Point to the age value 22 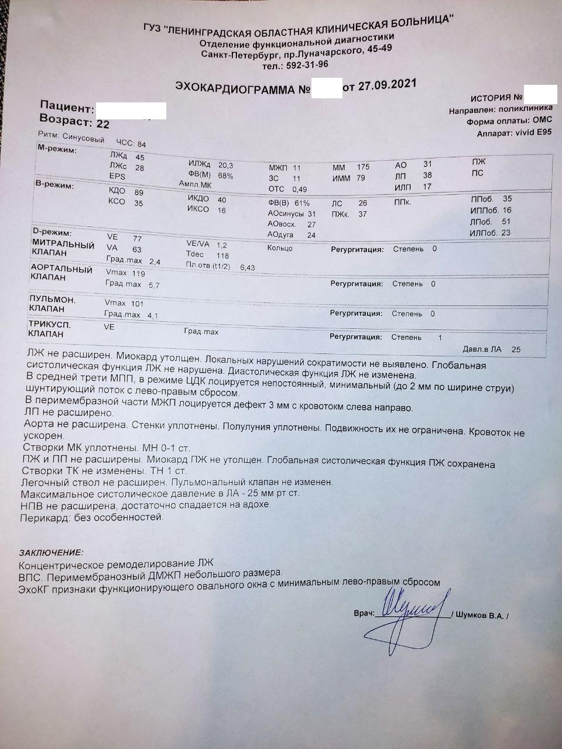102,124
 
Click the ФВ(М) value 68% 225,176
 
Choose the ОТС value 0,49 299,190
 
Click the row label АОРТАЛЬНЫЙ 61,270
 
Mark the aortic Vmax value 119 138,273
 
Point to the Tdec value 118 222,255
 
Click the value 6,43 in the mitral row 248,267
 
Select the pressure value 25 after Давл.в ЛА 516,350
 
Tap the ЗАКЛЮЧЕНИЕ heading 51,552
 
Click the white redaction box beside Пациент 130,111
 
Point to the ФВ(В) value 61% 302,203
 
